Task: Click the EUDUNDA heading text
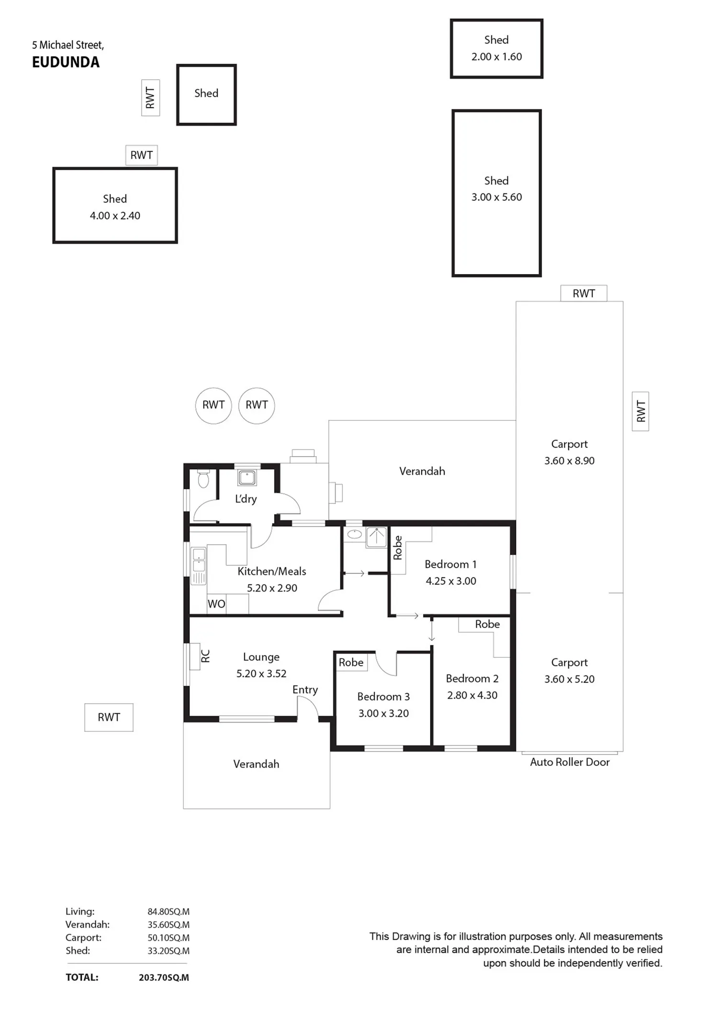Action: (66, 62)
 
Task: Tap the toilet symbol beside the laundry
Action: (203, 479)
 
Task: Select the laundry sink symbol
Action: (247, 477)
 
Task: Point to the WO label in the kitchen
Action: (216, 604)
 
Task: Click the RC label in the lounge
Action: (205, 656)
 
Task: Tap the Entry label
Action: (305, 689)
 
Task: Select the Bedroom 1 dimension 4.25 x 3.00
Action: (451, 581)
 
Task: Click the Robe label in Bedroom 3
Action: (351, 662)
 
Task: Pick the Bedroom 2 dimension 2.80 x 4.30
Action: (472, 695)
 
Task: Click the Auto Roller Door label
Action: (570, 762)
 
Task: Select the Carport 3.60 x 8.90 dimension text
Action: (569, 461)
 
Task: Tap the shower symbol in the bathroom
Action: (377, 537)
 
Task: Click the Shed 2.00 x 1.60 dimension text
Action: (496, 56)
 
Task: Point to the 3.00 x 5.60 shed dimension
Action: (496, 197)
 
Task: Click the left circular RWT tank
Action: (213, 405)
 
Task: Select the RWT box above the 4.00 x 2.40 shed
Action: (142, 155)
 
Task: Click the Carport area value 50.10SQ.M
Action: (168, 938)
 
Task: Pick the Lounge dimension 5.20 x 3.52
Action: (261, 674)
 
